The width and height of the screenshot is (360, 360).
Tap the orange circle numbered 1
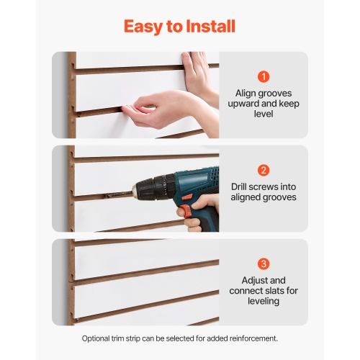click(264, 76)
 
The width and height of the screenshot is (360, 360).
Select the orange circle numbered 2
click(264, 171)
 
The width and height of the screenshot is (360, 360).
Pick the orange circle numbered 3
click(264, 264)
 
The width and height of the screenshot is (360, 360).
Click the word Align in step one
click(247, 93)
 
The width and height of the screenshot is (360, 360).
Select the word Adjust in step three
click(251, 281)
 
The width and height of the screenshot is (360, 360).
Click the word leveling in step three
click(264, 302)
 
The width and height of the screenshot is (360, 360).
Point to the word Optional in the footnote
click(99, 338)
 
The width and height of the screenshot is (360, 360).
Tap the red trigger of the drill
click(184, 211)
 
